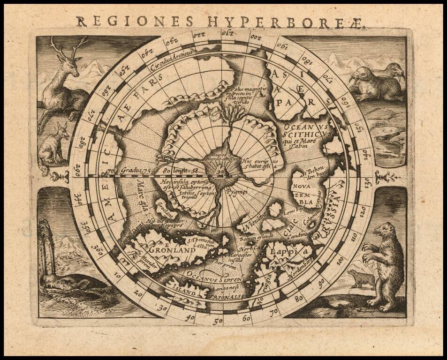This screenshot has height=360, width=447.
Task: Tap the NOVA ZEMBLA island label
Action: (302, 195)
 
